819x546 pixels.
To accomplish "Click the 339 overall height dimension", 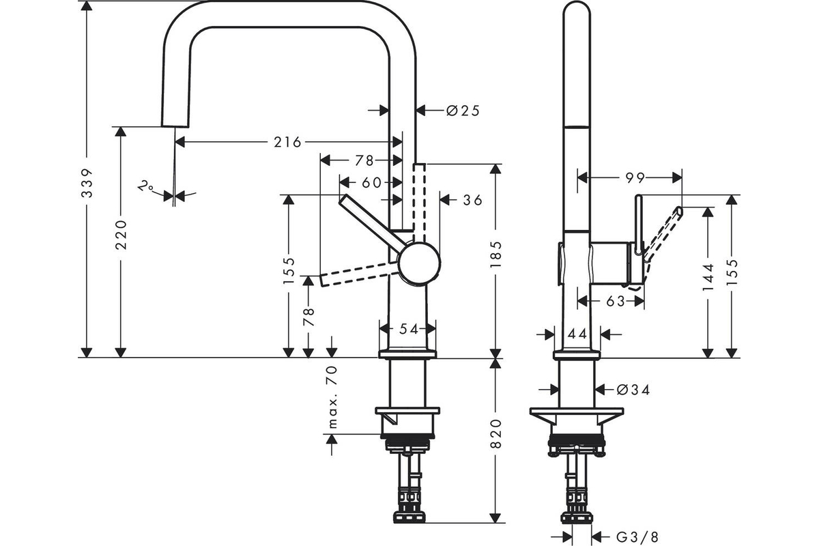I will pos(87,193).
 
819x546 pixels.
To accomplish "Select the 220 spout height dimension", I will pos(121,233).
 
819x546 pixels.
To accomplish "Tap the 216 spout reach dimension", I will pos(287,142).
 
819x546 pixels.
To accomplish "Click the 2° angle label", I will pos(144,186).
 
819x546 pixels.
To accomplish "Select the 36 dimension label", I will pos(472,200).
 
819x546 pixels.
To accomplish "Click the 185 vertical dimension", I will pos(496,254).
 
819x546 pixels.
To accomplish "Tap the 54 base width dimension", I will pos(408,329).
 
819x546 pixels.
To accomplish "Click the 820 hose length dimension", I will pos(496,433).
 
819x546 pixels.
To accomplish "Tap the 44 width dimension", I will pos(577,334).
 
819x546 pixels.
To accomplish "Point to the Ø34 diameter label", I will pos(632,390).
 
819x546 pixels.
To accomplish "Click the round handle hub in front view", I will pos(418,263).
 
